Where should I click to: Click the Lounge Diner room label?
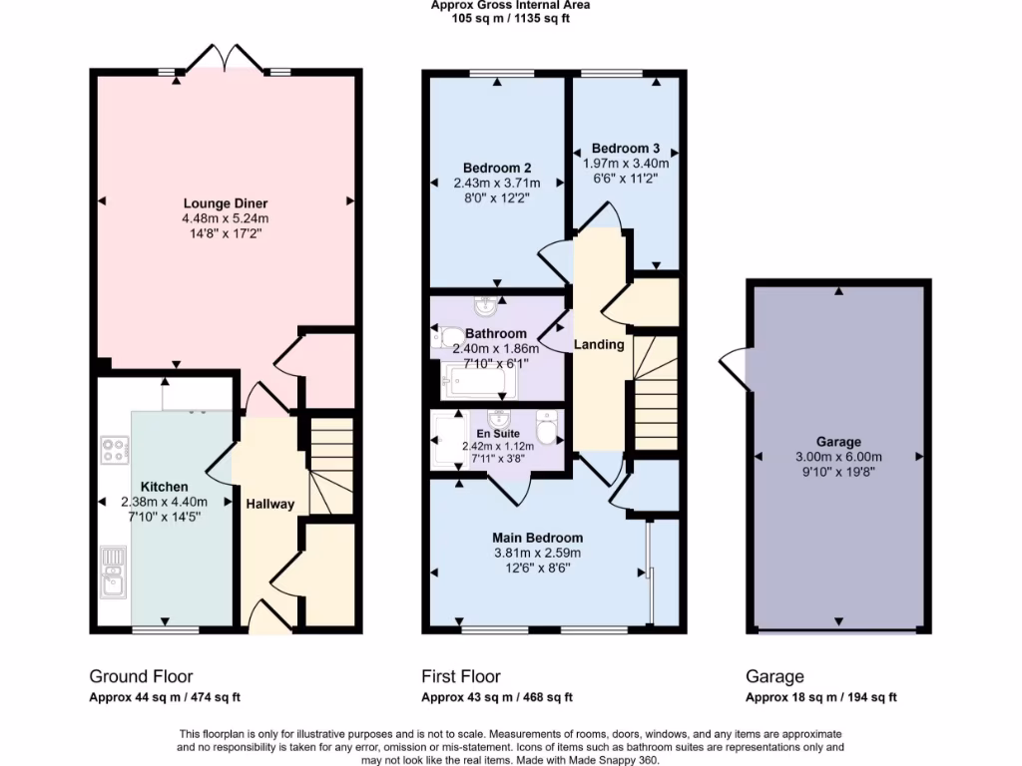tap(225, 203)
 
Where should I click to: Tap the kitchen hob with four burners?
tap(113, 450)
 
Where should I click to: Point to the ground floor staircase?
tap(331, 465)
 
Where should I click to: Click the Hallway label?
tap(270, 504)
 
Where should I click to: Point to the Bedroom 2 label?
tap(496, 168)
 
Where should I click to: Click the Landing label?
tap(599, 345)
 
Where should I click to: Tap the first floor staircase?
tap(656, 394)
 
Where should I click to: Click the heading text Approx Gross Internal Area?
tap(510, 5)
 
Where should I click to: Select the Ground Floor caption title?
tap(141, 676)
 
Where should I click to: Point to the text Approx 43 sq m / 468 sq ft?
tap(496, 698)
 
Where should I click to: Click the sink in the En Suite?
tap(497, 419)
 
